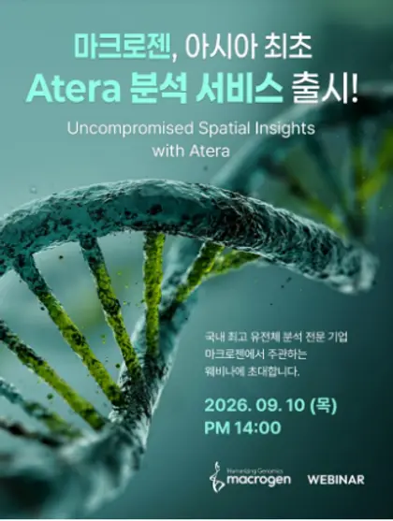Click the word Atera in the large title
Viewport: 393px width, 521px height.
pos(73,91)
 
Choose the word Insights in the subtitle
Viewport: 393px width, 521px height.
pos(284,129)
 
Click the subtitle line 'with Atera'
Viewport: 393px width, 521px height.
pos(191,152)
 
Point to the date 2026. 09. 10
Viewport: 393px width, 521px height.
pos(255,406)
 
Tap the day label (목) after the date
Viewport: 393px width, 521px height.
pos(323,406)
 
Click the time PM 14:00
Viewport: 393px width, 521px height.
pos(242,427)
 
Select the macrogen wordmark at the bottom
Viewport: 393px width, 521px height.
pos(258,480)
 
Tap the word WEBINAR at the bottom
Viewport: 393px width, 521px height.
pos(336,480)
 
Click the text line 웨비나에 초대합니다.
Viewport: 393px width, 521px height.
pos(253,372)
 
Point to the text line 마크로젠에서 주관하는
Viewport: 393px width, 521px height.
pos(256,355)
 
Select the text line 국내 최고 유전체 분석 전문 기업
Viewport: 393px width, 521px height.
pos(276,338)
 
